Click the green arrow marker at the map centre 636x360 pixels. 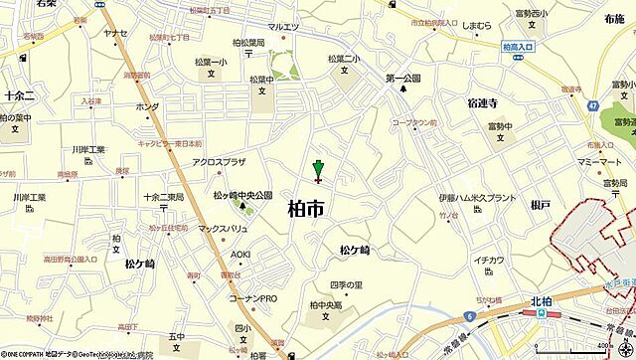point(318,168)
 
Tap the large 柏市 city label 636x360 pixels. point(304,208)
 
